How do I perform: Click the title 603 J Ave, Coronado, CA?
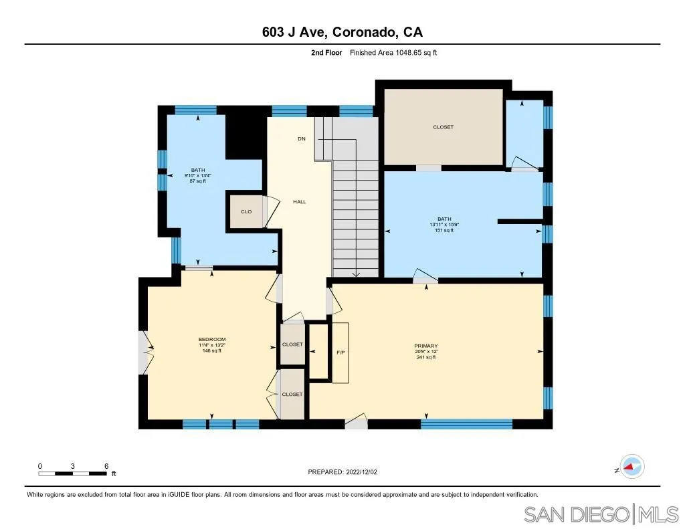342,32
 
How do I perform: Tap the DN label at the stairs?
302,139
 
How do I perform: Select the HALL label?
300,201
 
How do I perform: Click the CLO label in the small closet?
246,211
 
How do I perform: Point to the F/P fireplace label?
340,352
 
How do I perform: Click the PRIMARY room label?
425,345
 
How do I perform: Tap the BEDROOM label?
211,339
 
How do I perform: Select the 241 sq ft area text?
425,357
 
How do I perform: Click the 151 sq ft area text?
442,230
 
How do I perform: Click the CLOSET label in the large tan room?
443,127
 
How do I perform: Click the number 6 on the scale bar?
106,466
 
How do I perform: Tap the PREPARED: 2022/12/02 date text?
342,471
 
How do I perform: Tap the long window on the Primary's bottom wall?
466,423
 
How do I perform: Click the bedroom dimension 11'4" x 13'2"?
211,345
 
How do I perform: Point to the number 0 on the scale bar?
40,466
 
